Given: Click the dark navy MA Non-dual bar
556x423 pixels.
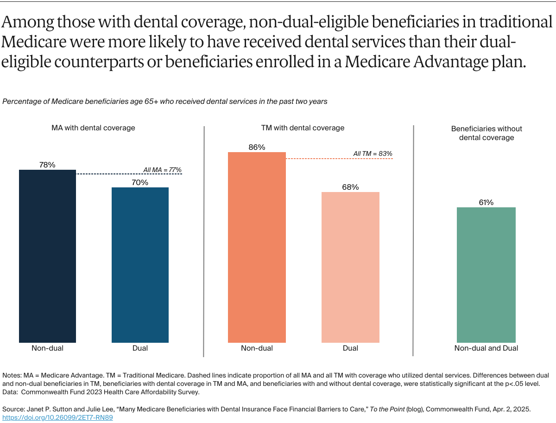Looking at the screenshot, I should (x=47, y=256).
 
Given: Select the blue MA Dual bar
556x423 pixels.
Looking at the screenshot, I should (x=140, y=265).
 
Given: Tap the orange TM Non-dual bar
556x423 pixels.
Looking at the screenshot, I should (x=257, y=247).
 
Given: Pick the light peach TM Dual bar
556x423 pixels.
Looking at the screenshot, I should (x=350, y=267).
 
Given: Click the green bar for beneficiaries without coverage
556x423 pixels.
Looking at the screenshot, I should (x=486, y=275).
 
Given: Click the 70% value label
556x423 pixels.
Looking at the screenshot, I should (x=140, y=182).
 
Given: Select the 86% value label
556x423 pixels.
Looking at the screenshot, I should (x=257, y=147).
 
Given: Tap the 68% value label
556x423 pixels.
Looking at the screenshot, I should (x=350, y=187).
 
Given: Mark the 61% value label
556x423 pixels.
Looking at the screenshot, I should (x=486, y=202).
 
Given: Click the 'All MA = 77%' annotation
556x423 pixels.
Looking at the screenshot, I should (x=162, y=170).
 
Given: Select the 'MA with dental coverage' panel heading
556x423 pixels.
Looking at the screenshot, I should (x=93, y=128).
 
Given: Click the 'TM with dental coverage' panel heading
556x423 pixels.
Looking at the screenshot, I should (x=303, y=128).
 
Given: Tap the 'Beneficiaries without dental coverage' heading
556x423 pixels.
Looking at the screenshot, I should (x=486, y=133).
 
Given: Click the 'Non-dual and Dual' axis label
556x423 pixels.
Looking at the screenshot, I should (x=486, y=348).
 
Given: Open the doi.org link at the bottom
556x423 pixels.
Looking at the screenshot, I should (x=58, y=417).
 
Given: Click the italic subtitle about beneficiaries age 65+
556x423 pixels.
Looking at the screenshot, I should (x=165, y=102).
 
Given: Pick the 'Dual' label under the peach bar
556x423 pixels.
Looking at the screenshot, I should (x=350, y=348).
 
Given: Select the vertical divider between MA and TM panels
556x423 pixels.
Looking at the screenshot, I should (x=204, y=241).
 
